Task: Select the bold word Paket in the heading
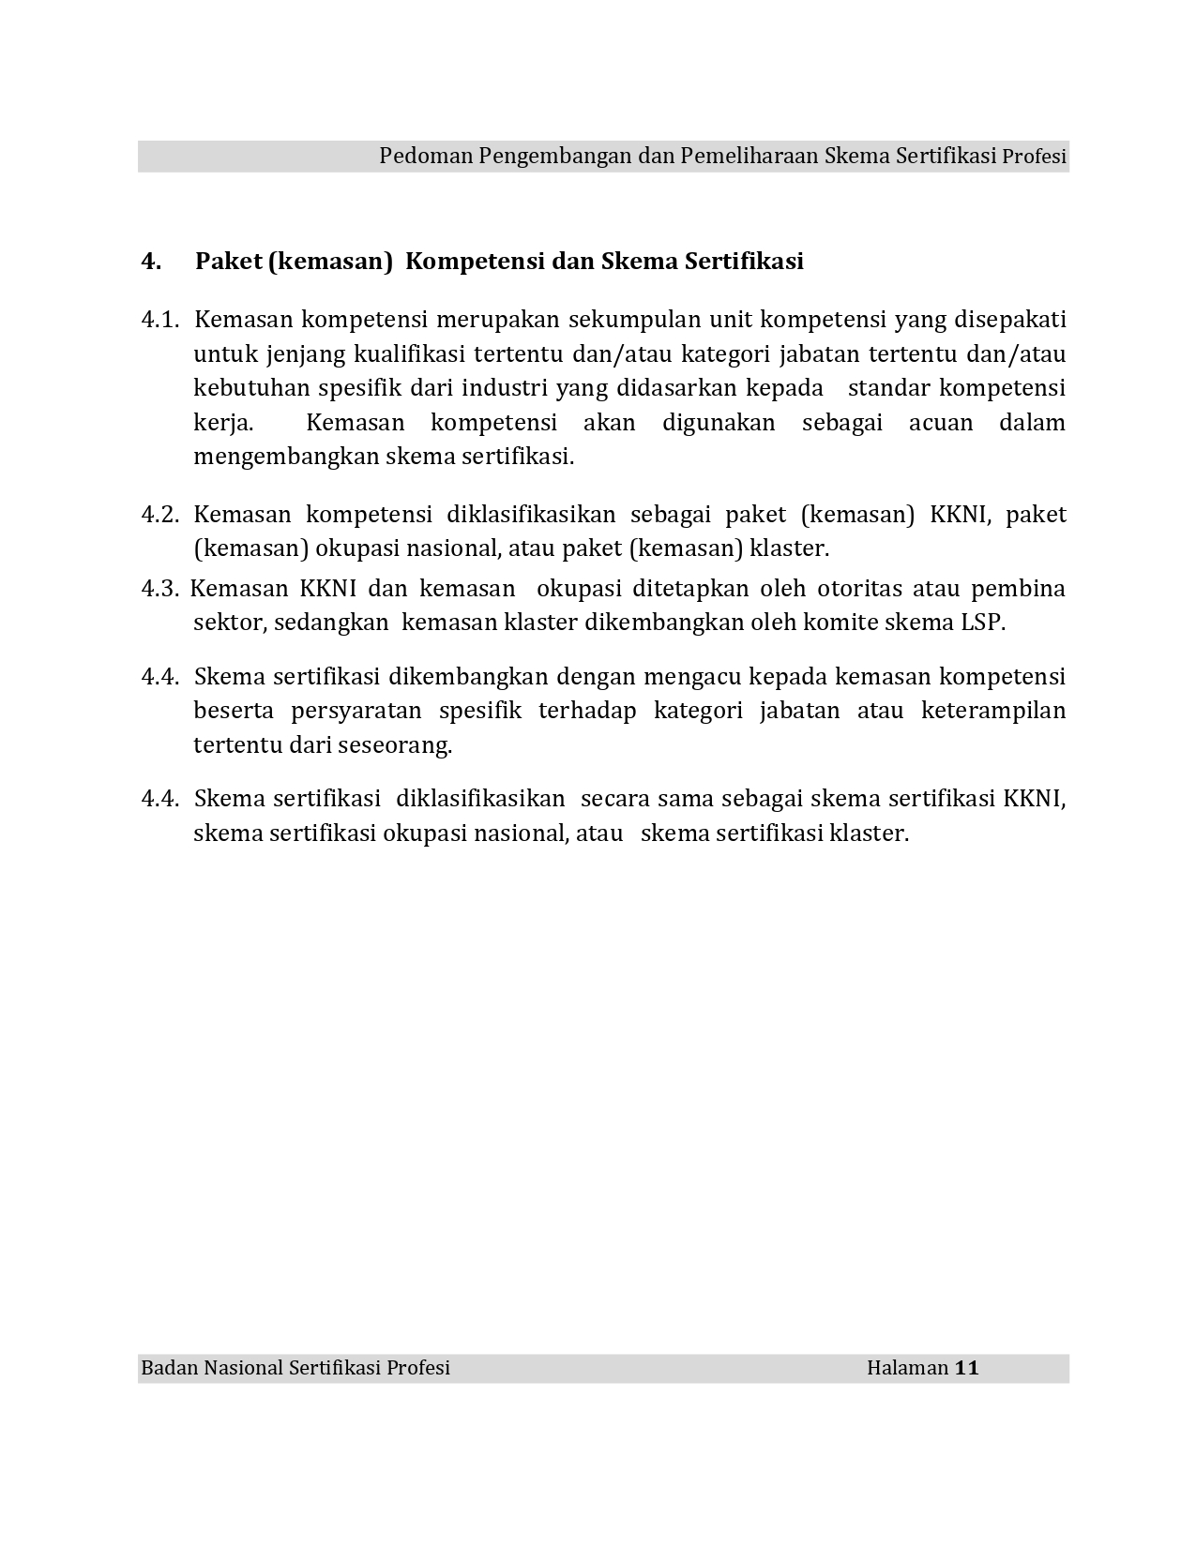[x=229, y=261]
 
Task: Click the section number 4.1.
[x=159, y=320]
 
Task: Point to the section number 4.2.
[x=159, y=515]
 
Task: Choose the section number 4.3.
[x=159, y=589]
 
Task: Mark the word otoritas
[x=859, y=589]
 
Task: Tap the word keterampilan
[x=993, y=711]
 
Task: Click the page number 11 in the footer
[x=967, y=1368]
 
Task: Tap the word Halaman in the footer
[x=907, y=1368]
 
